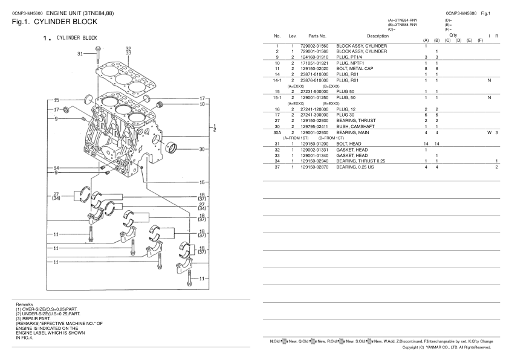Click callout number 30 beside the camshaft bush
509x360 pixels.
coord(202,149)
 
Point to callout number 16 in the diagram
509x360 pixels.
coord(202,181)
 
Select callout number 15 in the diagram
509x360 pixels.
coord(56,100)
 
